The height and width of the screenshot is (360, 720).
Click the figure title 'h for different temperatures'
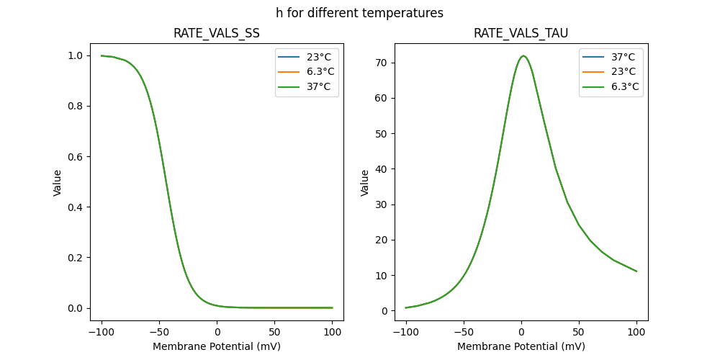[x=359, y=13]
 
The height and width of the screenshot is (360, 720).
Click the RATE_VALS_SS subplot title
[x=217, y=33]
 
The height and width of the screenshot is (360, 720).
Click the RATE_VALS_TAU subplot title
[x=521, y=33]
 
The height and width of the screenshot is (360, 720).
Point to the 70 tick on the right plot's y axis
[x=381, y=63]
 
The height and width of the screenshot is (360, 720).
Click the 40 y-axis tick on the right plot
[x=381, y=169]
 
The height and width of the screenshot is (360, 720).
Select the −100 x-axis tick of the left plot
[x=102, y=332]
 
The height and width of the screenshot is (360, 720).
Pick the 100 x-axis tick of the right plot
[x=636, y=332]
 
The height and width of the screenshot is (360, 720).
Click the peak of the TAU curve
[x=523, y=56]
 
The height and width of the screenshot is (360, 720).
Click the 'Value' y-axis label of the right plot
[x=365, y=182]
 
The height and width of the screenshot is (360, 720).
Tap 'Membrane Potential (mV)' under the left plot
[x=217, y=346]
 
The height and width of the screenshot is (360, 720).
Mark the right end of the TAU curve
[x=636, y=271]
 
